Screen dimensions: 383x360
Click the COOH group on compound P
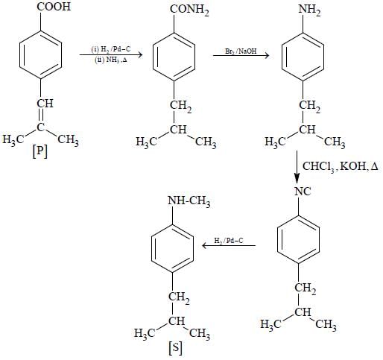point(54,6)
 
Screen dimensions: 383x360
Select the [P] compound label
point(39,151)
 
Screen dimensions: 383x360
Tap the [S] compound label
point(175,348)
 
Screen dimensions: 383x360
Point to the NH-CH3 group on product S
point(189,201)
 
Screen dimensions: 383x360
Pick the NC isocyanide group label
point(303,192)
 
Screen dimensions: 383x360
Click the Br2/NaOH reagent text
point(241,51)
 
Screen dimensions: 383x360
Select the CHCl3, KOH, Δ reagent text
point(341,166)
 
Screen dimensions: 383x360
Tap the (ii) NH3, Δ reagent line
point(111,60)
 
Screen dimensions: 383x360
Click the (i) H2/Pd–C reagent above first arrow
point(111,49)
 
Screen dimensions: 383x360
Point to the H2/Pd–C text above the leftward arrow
point(229,241)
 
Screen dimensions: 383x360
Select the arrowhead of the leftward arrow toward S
point(205,246)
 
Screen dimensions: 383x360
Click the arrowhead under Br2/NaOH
point(266,55)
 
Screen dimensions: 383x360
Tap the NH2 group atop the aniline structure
point(309,10)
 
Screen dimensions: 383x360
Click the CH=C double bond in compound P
point(40,115)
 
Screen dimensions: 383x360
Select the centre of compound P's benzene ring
point(40,55)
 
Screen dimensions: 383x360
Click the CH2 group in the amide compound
point(180,107)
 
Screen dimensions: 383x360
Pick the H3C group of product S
point(145,333)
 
